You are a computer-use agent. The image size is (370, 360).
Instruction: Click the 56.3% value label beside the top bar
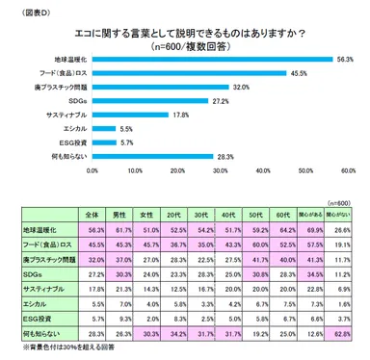coord(344,58)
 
